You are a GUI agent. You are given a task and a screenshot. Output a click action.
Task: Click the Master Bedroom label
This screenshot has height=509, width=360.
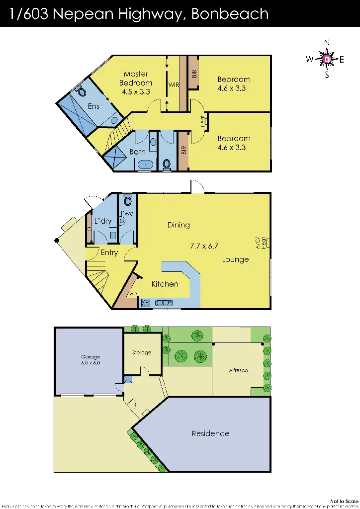136,79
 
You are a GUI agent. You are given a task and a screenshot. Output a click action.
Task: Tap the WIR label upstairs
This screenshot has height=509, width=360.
174,85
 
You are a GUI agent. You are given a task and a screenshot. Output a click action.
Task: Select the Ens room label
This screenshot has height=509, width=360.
93,106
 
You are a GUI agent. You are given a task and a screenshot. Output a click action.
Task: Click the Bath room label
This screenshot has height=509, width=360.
137,152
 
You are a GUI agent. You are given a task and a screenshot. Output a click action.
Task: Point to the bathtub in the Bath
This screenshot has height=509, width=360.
145,164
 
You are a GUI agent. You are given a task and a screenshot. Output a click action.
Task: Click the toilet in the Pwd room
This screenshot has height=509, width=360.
128,200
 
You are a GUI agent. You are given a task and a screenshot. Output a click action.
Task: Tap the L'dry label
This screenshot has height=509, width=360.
103,221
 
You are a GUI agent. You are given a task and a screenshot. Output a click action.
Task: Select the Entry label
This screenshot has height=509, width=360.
109,253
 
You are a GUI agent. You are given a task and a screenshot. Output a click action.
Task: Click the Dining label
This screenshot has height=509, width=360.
179,225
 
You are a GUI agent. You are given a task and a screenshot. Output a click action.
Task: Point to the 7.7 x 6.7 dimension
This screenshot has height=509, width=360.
204,246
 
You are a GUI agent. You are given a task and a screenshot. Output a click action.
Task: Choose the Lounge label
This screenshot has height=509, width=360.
235,259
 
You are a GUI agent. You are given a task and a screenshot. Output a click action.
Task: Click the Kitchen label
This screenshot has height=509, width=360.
165,284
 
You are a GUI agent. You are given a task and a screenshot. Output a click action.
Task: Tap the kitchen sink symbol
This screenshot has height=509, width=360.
163,302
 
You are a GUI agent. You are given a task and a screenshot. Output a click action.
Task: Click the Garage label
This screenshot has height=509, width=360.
91,357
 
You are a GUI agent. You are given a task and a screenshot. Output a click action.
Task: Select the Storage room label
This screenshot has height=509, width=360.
142,353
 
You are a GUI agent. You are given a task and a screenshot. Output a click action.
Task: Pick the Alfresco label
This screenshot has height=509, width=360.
238,371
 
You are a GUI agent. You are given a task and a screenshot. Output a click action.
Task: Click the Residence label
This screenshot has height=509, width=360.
210,433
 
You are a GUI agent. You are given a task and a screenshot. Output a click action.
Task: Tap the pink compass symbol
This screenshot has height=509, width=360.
327,60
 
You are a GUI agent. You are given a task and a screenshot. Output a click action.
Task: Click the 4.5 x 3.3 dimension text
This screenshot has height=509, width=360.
136,92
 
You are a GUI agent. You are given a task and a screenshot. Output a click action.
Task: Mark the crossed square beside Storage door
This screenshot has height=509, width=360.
128,380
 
